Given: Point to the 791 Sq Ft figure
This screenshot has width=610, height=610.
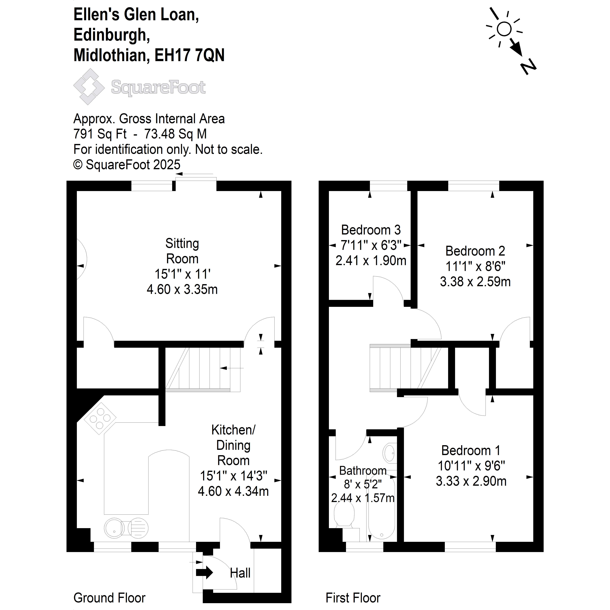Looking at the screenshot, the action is [x=100, y=134].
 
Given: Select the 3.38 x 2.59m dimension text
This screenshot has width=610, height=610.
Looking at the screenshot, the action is [x=475, y=282].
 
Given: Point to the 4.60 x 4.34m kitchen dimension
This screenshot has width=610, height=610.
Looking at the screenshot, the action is [x=233, y=491].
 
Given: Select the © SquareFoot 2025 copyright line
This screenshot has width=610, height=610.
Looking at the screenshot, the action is [x=127, y=164].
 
